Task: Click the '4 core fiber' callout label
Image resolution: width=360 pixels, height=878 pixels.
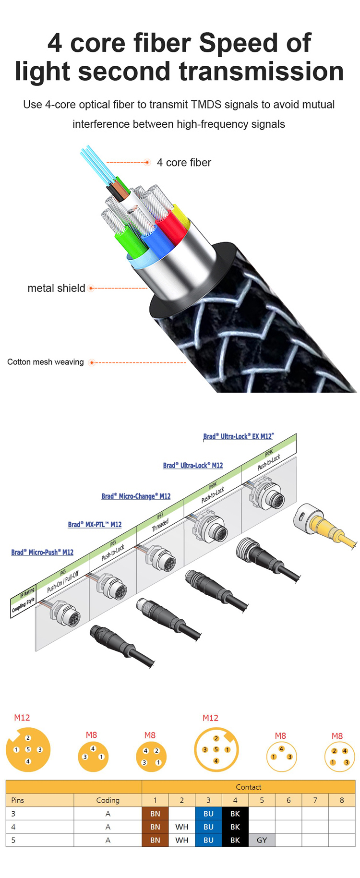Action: [x=184, y=163]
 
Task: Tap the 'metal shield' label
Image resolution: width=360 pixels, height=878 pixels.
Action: [x=56, y=288]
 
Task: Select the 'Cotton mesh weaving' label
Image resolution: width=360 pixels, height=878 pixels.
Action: [x=46, y=362]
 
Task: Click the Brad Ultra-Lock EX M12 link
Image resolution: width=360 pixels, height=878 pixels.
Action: [x=238, y=436]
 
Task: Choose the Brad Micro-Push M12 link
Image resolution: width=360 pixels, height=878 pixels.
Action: [x=42, y=552]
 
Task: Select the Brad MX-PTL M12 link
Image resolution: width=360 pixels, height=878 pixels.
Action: [x=95, y=524]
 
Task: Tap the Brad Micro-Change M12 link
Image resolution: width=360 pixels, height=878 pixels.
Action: [x=136, y=496]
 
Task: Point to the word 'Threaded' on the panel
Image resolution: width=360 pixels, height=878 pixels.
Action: [x=160, y=525]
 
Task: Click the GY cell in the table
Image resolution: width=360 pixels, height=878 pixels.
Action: [x=262, y=840]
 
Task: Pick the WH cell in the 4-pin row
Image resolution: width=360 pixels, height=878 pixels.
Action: [x=182, y=827]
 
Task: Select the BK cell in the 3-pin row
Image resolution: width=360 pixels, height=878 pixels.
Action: [x=235, y=814]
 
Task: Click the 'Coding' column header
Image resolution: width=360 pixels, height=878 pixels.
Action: [x=108, y=800]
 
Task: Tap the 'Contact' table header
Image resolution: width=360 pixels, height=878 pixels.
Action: [x=249, y=787]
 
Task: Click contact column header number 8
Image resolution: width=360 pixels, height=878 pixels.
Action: [x=342, y=800]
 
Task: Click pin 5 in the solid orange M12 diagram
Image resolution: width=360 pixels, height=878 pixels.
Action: [x=28, y=749]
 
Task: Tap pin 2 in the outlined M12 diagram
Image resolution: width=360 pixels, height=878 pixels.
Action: [x=216, y=738]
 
